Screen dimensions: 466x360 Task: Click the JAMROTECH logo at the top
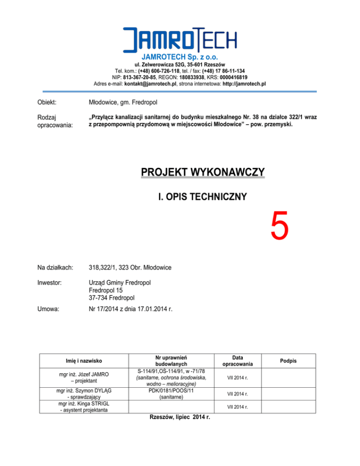(x=180, y=39)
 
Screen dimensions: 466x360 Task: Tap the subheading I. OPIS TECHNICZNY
(x=202, y=197)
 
